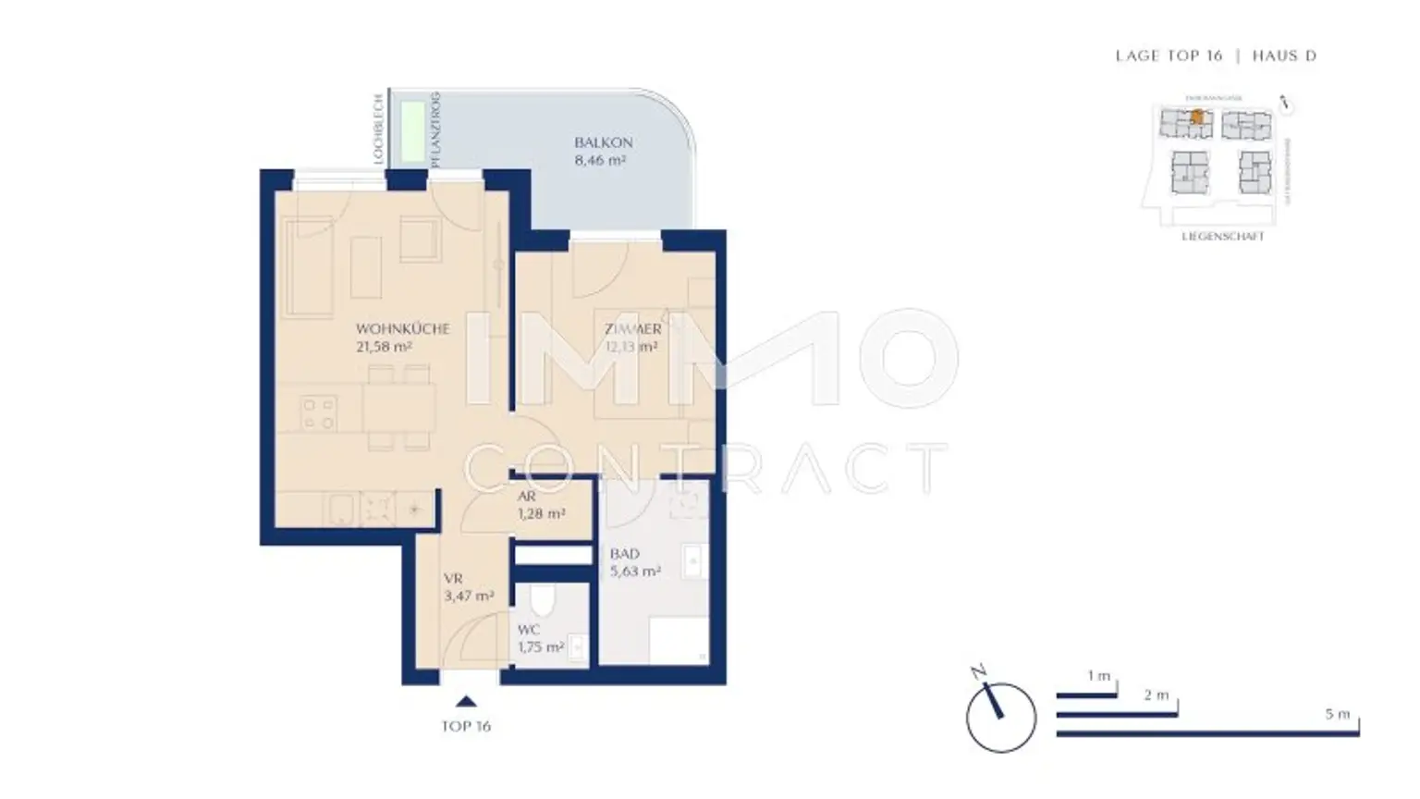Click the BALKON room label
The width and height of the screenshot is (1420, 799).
[x=603, y=142]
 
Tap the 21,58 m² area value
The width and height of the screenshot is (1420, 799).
[x=383, y=348]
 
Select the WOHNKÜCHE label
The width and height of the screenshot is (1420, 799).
[x=402, y=328]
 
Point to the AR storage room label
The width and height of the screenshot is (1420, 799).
[x=526, y=497]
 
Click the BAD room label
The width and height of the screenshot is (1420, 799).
[x=624, y=554]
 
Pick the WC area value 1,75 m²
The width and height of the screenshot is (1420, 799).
[x=541, y=647]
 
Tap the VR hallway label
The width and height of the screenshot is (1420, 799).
[x=453, y=579]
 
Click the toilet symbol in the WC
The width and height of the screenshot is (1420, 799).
[x=544, y=602]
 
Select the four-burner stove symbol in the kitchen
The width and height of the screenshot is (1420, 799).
[x=319, y=413]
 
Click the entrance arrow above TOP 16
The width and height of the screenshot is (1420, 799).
[x=466, y=701]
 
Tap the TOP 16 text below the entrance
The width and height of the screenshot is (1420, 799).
[x=466, y=726]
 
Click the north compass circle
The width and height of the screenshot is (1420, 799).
[x=1000, y=718]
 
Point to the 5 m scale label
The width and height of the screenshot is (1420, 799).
[x=1337, y=714]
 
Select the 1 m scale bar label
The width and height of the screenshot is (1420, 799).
[x=1098, y=676]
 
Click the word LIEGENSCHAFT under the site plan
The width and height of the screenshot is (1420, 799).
[x=1222, y=237]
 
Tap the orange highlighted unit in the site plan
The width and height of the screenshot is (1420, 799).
[x=1197, y=117]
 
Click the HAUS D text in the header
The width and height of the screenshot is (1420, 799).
[x=1284, y=55]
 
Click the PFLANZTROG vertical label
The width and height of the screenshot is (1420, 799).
[x=435, y=129]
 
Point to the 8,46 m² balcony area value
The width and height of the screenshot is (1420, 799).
[x=600, y=160]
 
